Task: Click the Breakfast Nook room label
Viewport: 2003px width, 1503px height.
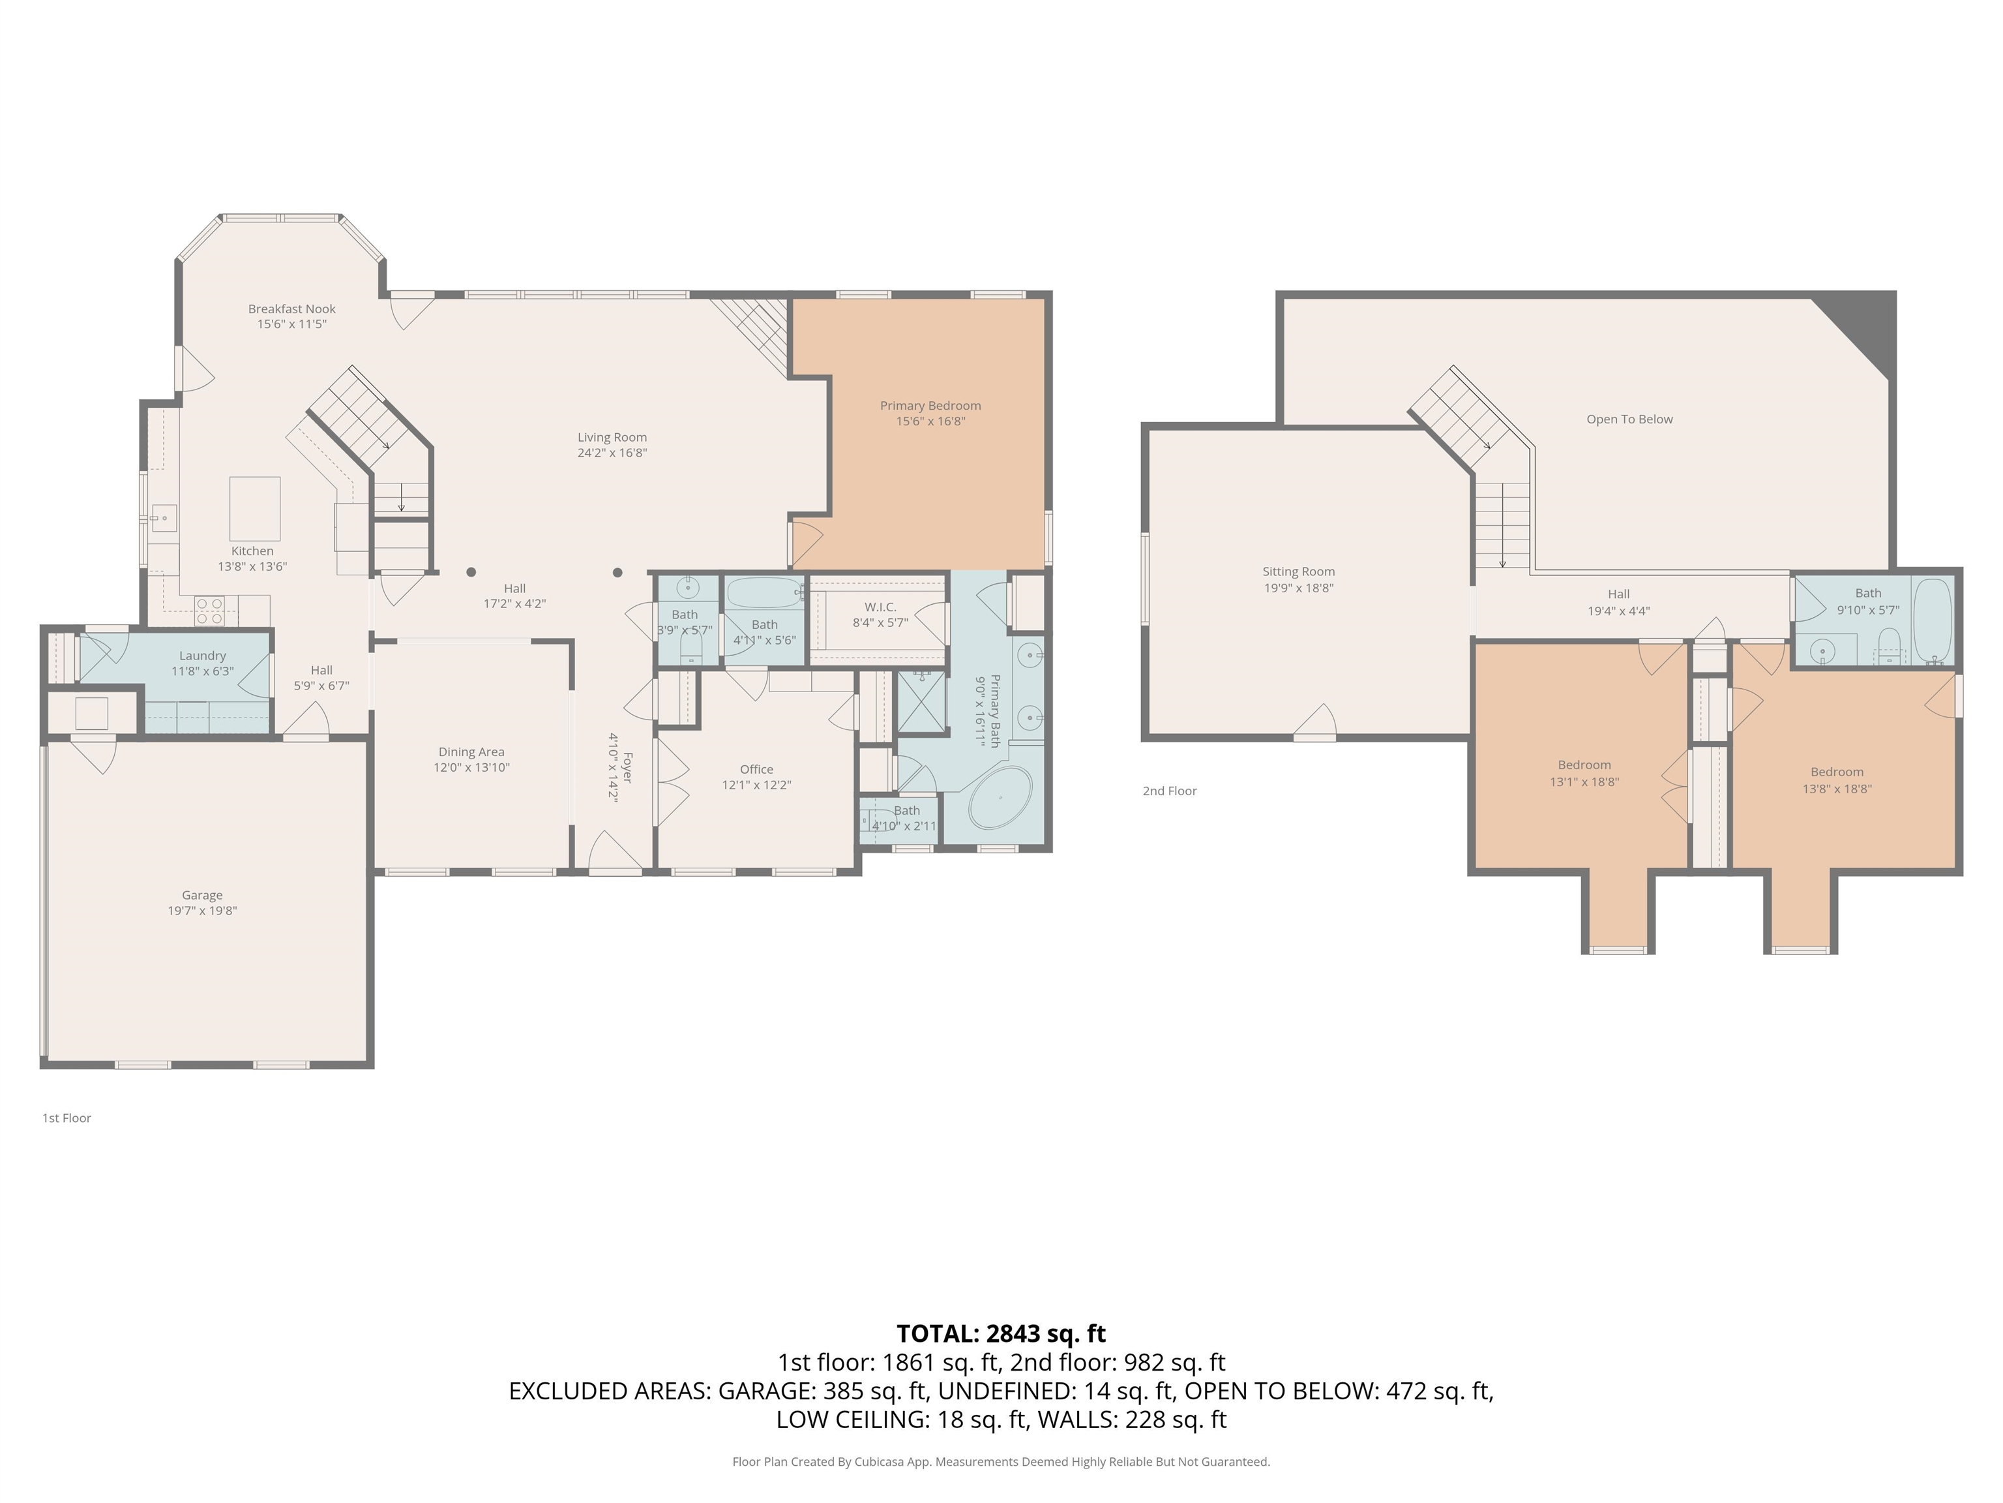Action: [291, 309]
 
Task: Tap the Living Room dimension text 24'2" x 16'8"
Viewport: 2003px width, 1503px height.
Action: [612, 453]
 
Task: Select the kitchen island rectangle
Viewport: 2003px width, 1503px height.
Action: [254, 509]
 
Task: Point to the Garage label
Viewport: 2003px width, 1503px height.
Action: [202, 895]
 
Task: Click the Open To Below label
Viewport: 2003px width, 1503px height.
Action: [1629, 419]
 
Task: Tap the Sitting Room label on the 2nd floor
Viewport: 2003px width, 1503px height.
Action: [1299, 571]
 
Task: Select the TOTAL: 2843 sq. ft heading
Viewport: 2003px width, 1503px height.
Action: [1001, 1333]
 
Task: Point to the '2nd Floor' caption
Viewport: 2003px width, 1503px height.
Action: [1169, 791]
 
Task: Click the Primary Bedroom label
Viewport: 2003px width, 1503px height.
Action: [930, 406]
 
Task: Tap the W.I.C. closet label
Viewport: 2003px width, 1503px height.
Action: [880, 607]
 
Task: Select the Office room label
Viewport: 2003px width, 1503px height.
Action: [756, 769]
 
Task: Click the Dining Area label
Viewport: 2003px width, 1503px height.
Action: [471, 752]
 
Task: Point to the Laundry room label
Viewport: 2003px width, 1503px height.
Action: [202, 656]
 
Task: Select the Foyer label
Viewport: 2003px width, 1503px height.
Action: [627, 767]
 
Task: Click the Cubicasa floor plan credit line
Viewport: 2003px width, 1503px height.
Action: [1001, 1461]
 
